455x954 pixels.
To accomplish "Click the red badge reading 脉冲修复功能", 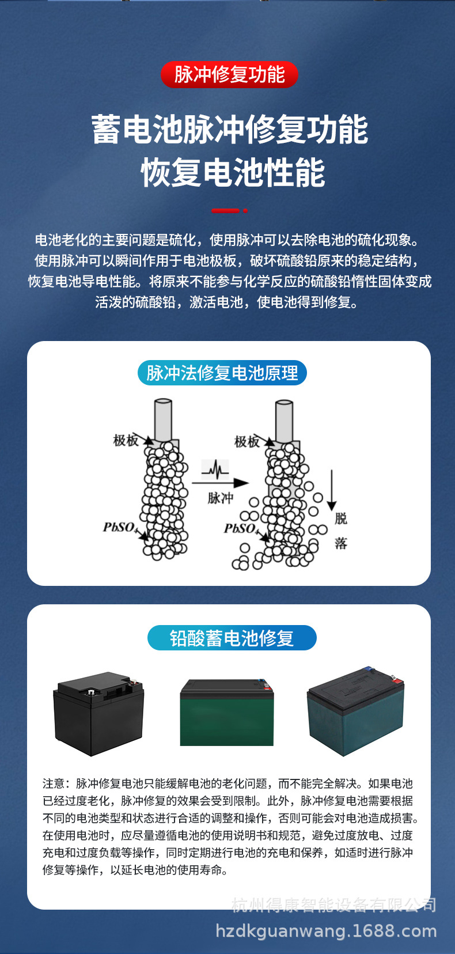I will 229,74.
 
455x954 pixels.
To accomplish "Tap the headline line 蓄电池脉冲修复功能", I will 229,130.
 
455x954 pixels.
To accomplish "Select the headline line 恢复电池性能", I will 233,172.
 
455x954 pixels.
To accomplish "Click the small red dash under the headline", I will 226,211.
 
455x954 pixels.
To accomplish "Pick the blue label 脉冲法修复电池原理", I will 222,373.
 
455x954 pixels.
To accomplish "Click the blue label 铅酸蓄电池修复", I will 232,638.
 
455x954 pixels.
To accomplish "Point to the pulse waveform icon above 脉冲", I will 215,469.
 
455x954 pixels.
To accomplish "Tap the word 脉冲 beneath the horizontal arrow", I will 220,498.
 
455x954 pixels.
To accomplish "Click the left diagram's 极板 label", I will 126,441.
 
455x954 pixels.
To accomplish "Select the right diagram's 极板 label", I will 247,442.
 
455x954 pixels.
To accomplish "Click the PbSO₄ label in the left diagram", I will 119,527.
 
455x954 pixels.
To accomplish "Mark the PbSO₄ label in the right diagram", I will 240,528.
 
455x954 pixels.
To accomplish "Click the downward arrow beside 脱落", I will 332,490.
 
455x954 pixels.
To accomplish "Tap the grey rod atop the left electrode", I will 162,419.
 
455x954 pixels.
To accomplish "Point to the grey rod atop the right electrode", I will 284,421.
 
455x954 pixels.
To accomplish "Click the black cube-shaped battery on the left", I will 98,713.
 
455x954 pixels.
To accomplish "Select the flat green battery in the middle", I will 227,713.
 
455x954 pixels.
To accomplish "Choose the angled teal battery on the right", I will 355,712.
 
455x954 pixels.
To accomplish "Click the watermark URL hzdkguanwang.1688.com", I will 326,931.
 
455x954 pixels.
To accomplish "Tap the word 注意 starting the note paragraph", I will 54,783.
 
